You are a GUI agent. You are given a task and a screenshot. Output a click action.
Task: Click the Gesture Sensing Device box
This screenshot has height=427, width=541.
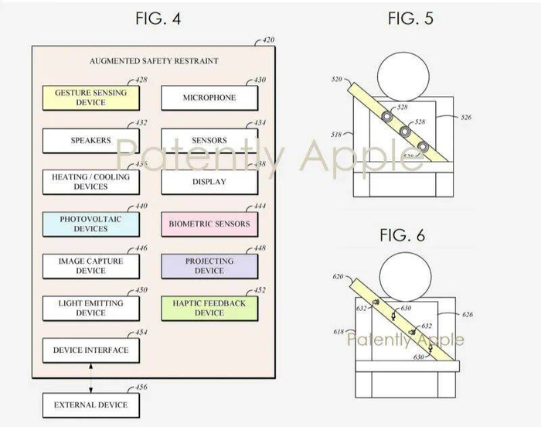(90, 97)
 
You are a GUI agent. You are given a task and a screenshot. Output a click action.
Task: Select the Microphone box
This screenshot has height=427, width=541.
(209, 98)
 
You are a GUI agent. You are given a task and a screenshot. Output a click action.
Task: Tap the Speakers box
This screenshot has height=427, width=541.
(90, 141)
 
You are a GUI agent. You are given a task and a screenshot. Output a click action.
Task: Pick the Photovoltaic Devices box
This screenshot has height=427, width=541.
(90, 224)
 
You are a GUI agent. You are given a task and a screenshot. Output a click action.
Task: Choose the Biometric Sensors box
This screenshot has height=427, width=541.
(209, 224)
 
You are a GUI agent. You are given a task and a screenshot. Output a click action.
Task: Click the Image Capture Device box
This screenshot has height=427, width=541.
(90, 266)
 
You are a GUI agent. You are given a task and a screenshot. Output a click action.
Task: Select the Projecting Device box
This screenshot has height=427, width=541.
(209, 266)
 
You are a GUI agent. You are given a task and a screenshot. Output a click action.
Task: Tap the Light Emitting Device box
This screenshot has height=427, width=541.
(90, 308)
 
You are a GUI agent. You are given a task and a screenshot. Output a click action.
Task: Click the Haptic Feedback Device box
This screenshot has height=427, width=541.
(209, 308)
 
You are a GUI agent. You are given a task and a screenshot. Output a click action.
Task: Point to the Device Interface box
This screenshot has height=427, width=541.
(90, 350)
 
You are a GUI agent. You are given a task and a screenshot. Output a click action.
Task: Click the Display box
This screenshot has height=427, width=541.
(209, 183)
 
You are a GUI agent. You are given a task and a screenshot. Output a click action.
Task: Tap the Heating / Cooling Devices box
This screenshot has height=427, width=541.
(90, 183)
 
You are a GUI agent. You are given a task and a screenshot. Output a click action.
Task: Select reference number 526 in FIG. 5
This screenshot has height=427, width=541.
(465, 118)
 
